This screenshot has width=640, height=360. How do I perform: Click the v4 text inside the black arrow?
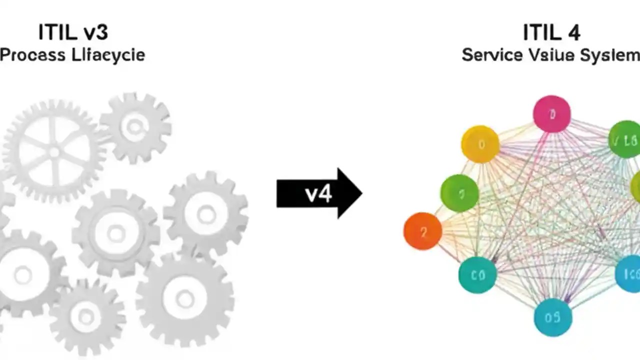click(x=318, y=193)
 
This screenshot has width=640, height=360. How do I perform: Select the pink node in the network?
click(x=552, y=114)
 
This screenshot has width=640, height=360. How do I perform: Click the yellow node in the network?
click(x=480, y=144)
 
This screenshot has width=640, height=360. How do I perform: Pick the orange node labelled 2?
click(x=422, y=231)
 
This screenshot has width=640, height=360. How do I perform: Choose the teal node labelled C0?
click(x=477, y=274)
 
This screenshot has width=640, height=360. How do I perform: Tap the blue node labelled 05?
click(x=553, y=317)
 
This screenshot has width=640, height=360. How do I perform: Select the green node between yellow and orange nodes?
click(x=459, y=193)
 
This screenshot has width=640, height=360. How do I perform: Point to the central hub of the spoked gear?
click(x=53, y=152)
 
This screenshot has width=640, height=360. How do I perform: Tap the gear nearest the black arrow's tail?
click(x=206, y=214)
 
